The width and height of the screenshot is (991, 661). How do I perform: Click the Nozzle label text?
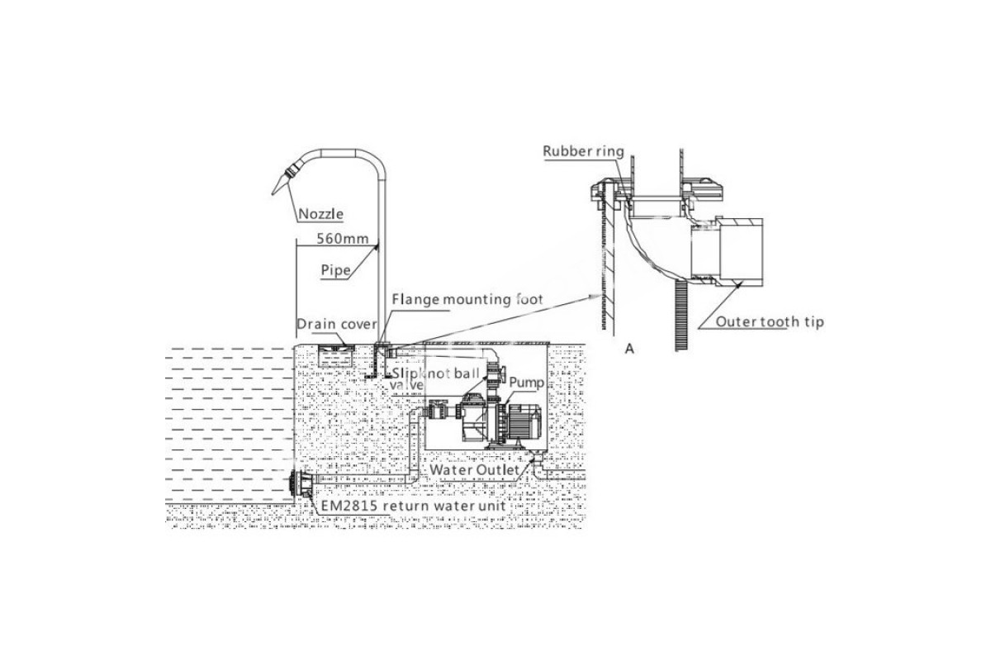point(320,214)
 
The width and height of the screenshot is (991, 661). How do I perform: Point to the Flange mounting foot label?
point(467,299)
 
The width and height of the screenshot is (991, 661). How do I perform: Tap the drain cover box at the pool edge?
point(337,357)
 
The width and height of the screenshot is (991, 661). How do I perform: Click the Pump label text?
point(526,383)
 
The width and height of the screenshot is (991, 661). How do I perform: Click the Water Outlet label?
point(474,470)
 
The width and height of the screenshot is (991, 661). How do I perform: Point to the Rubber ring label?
point(583,151)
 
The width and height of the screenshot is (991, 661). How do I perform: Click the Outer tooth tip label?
point(769,322)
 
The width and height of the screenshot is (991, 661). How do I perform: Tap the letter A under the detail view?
point(629,349)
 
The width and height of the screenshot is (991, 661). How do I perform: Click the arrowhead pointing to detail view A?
point(596,292)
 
